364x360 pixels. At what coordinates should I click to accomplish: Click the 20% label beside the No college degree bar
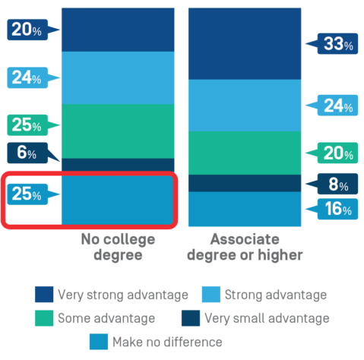pos(27,30)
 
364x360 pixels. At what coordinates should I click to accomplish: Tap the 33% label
pos(337,43)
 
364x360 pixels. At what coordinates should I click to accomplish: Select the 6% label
pos(27,153)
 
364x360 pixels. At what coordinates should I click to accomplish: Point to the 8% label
pos(337,184)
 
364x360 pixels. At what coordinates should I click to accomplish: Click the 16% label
pos(337,209)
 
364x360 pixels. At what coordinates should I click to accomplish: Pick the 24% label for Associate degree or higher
pos(337,106)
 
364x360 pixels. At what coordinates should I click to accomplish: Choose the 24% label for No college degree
pos(27,77)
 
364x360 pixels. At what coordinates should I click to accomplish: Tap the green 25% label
pos(27,125)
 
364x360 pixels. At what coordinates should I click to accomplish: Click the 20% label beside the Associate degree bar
pos(337,153)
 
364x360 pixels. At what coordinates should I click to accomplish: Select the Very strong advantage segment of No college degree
pos(118,30)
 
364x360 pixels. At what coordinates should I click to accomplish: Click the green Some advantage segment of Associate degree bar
pos(245,153)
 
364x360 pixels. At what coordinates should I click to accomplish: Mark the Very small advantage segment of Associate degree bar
pos(245,183)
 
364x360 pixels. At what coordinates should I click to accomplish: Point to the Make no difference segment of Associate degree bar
pos(245,209)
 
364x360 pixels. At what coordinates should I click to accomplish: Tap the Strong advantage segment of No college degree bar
pos(118,78)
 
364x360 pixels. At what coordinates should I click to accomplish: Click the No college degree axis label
pos(118,247)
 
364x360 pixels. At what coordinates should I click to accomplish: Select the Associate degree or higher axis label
pos(245,247)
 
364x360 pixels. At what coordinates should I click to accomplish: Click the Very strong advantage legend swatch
pos(44,295)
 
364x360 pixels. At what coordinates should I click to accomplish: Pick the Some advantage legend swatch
pos(44,318)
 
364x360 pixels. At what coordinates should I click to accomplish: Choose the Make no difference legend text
pos(167,342)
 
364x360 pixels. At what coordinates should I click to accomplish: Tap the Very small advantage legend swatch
pos(191,318)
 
